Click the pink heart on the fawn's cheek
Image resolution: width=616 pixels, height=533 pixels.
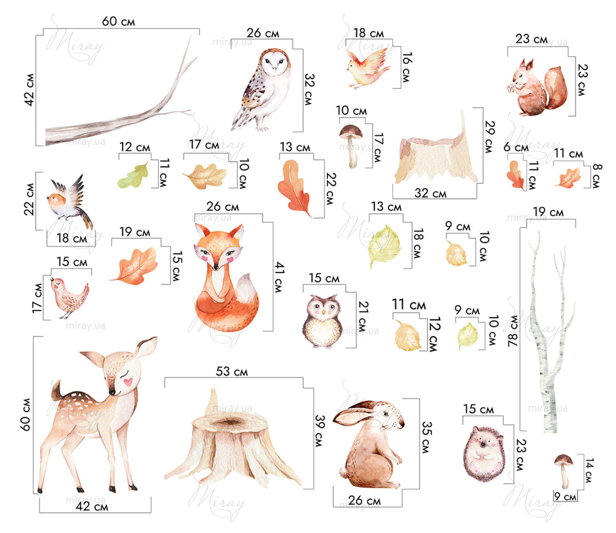pos(128,382)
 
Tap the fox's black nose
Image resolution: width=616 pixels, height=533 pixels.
pos(216,268)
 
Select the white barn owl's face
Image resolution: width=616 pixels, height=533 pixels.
pos(275,64)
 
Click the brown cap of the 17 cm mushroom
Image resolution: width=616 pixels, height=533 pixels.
pos(351,131)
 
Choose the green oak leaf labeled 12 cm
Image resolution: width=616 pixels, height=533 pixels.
pos(134,176)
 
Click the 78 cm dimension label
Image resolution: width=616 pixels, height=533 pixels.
pos(513,331)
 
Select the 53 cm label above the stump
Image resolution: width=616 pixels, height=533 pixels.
pos(232,371)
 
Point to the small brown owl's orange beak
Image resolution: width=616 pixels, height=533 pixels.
pos(323,312)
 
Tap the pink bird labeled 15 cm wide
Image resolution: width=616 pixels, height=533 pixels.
pos(69,297)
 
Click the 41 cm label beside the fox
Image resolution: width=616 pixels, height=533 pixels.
pos(279,277)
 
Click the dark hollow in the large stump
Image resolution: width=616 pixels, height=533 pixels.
pos(229,421)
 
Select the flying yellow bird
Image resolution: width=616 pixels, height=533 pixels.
pos(368,69)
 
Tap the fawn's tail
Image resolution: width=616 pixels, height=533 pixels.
pos(57,391)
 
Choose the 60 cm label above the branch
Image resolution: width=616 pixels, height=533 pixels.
pos(118,21)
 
